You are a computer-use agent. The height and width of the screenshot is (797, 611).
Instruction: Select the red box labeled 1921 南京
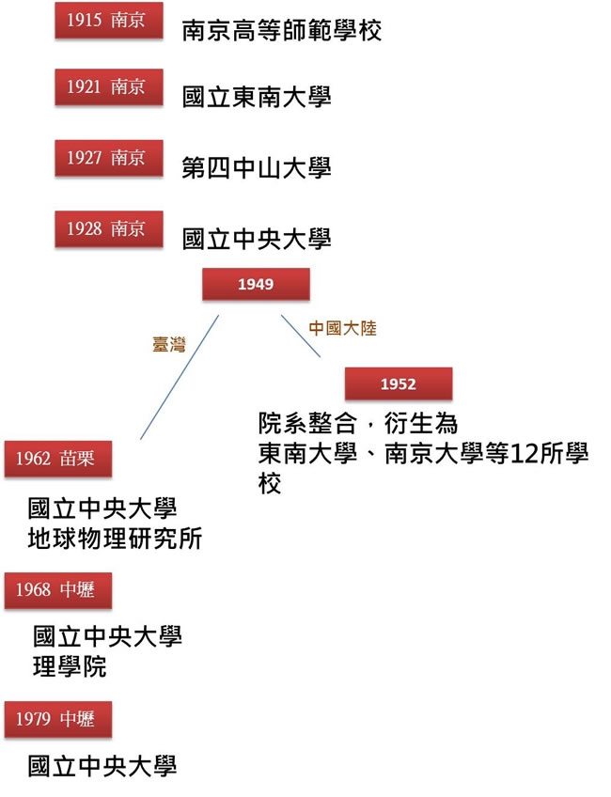click(107, 88)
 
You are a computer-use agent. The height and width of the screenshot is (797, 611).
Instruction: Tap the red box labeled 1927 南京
click(107, 159)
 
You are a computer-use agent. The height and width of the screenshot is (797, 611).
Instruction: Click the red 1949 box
click(256, 284)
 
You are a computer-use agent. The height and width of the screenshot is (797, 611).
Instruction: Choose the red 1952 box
click(398, 384)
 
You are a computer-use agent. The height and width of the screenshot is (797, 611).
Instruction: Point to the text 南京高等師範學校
click(282, 31)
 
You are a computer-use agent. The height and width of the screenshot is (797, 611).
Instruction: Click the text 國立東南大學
click(257, 97)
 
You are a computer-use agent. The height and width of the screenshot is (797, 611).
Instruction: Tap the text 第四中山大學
click(257, 168)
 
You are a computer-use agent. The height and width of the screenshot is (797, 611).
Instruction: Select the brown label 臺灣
click(169, 345)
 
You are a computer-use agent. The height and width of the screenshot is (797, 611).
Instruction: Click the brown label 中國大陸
click(342, 330)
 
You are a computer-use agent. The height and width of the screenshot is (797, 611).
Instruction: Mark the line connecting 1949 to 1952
click(301, 336)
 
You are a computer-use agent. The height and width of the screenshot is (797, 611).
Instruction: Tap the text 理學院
click(70, 667)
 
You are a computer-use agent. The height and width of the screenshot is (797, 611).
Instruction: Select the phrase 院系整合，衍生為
click(358, 425)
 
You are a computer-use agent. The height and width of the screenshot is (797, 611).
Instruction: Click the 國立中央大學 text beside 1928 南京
click(257, 239)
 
